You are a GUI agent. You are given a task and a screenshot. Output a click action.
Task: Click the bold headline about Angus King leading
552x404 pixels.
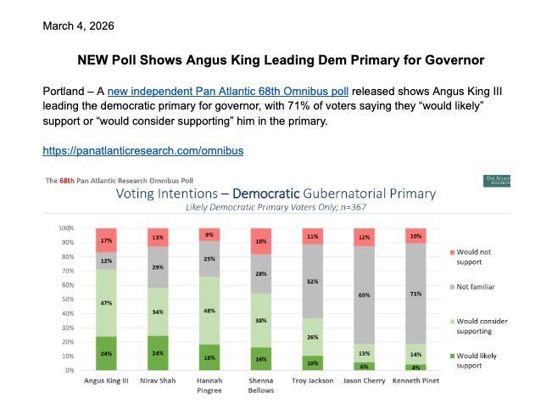click(281, 60)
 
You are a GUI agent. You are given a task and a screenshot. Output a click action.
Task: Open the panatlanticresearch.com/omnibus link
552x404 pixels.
click(143, 151)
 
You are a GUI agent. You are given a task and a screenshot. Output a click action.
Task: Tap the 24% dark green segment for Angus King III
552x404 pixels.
click(106, 353)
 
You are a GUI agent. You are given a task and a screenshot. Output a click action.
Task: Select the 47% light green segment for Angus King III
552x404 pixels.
click(106, 302)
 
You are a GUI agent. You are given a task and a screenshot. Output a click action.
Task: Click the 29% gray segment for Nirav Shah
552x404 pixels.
click(159, 267)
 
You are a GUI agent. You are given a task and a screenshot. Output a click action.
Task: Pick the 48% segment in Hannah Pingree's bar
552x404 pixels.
click(210, 311)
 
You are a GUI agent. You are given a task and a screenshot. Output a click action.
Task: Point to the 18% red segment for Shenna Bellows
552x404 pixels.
click(262, 241)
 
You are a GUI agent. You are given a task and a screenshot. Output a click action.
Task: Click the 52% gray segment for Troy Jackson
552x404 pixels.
click(314, 281)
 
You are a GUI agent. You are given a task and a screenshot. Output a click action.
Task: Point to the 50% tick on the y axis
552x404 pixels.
click(65, 300)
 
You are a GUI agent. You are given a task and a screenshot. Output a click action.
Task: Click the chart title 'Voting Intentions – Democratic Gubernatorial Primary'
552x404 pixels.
click(276, 194)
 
